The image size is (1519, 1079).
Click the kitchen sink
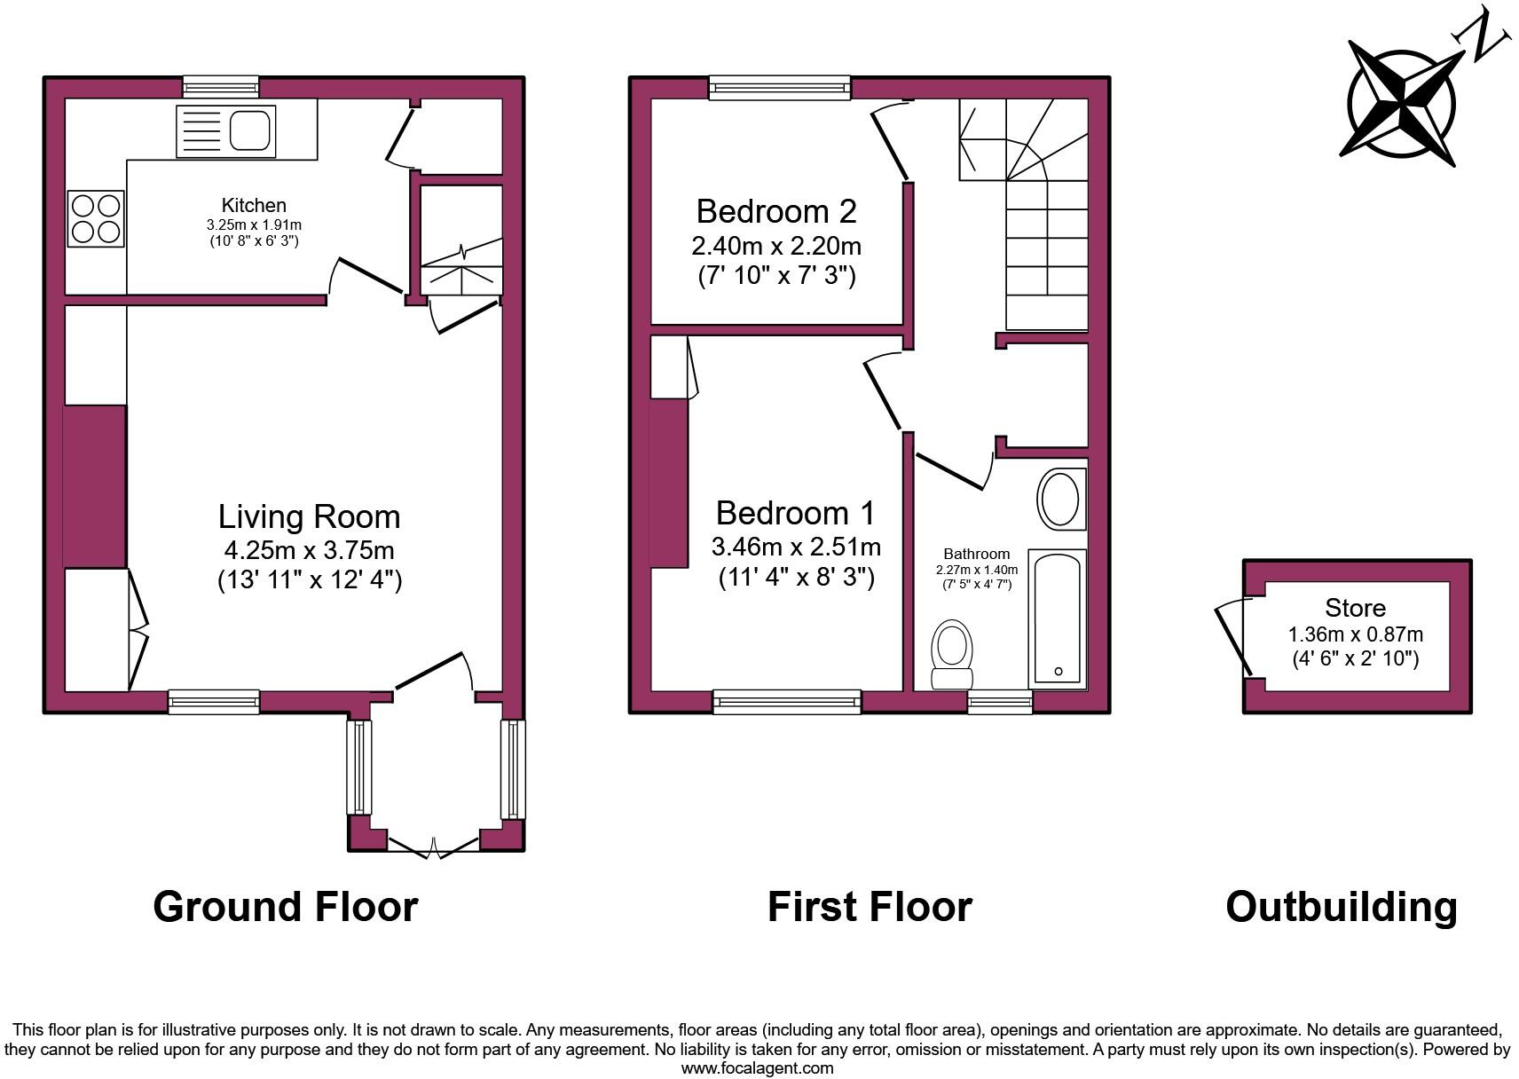click(226, 131)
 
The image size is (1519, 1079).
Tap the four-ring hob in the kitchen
click(95, 219)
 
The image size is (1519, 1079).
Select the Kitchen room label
click(254, 205)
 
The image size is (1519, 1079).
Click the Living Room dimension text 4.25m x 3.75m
click(309, 550)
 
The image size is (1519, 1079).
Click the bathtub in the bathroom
click(1058, 618)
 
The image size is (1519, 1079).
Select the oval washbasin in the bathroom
click(1059, 500)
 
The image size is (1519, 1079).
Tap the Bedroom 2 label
click(776, 211)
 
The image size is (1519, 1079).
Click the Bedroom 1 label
click(795, 513)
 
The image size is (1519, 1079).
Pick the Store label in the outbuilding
click(1355, 608)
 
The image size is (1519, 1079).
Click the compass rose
click(1401, 104)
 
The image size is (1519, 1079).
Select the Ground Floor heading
click(285, 907)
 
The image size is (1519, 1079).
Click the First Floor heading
click(870, 907)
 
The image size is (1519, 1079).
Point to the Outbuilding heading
click(1341, 907)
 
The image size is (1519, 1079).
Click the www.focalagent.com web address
click(758, 1068)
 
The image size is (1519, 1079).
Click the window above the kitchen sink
click(221, 87)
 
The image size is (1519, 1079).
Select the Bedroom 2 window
click(779, 87)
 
